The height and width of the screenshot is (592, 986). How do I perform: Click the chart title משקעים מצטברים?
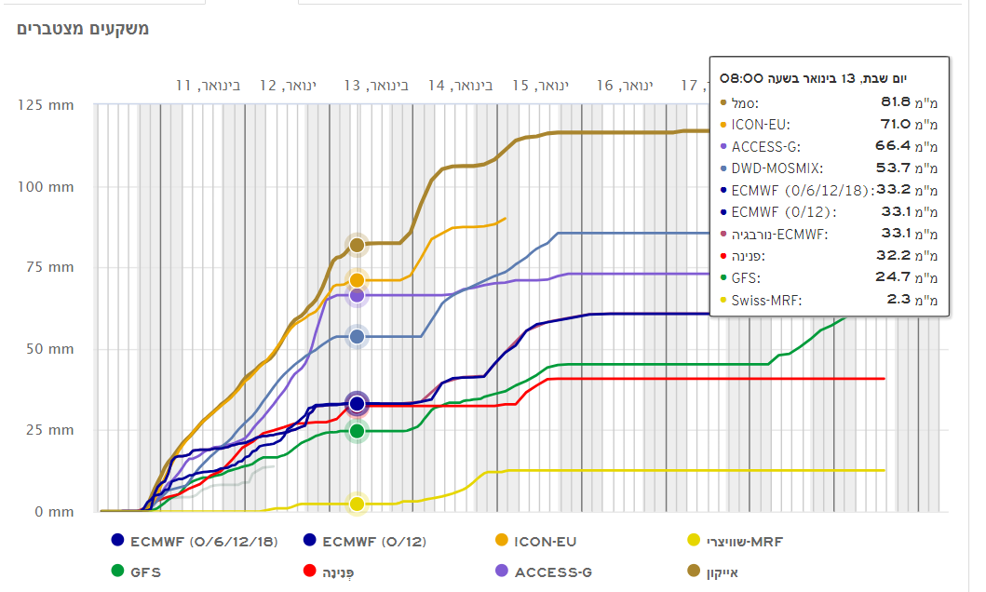(83, 29)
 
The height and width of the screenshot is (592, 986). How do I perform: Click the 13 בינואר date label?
(376, 86)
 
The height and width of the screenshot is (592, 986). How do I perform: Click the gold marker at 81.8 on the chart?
(356, 245)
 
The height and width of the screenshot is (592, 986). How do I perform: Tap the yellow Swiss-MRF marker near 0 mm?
(356, 505)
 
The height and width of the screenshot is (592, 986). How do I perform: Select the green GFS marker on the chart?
(356, 431)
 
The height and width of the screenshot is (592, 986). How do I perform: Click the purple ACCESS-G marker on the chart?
(356, 295)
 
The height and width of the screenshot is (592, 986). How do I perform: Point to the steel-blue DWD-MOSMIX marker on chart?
(356, 336)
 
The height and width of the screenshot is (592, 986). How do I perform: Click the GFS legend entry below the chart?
(145, 572)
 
